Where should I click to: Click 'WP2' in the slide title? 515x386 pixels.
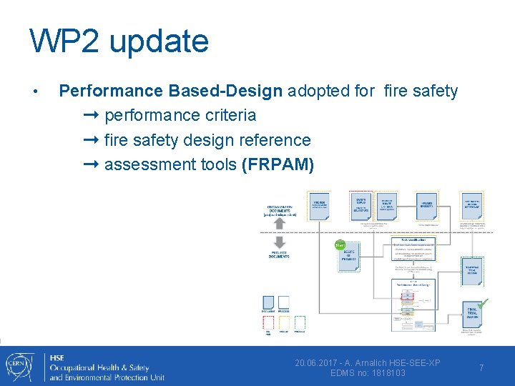(x=62, y=41)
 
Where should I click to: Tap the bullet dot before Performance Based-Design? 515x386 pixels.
(x=34, y=91)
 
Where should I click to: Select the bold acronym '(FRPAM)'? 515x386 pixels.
(x=278, y=164)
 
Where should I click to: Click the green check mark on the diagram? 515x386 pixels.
(x=484, y=303)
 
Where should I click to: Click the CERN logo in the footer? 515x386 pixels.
(x=19, y=366)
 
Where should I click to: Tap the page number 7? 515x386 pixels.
(x=481, y=367)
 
